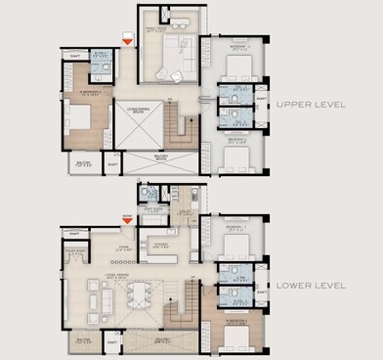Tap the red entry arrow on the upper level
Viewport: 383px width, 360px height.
coord(126,39)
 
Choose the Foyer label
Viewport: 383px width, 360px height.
coord(124,248)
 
